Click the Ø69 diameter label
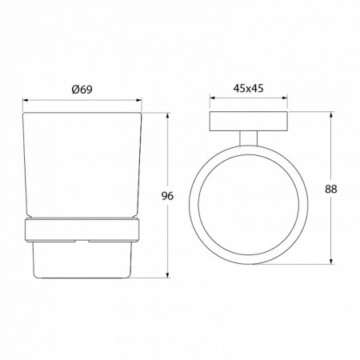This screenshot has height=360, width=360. coord(82,90)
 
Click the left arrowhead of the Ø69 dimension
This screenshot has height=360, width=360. coord(24,101)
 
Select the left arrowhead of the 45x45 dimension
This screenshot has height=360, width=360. coord(212,101)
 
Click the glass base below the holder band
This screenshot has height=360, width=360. coord(82,259)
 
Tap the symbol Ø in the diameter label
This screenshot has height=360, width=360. coord(74,90)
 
